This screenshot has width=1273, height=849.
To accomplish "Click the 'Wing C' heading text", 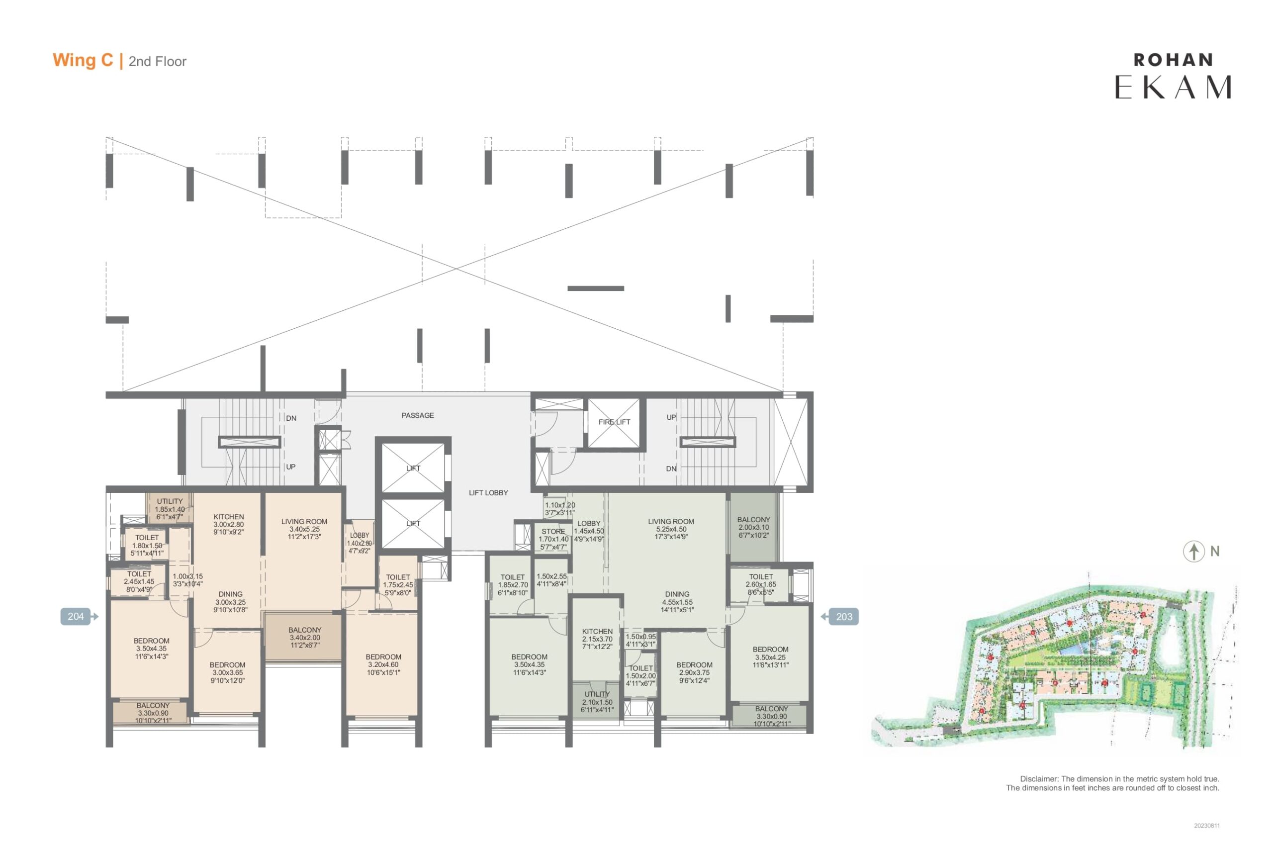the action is click(x=83, y=60).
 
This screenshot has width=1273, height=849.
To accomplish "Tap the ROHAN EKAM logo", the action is click(x=1173, y=76).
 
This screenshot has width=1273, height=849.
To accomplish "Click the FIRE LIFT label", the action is click(x=614, y=422).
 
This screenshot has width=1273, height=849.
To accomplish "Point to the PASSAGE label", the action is click(x=418, y=415).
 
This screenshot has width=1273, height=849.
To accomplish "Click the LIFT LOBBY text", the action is click(x=488, y=493).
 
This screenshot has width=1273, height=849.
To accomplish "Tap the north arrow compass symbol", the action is click(x=1193, y=551).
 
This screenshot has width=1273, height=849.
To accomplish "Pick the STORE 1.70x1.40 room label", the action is click(x=553, y=539).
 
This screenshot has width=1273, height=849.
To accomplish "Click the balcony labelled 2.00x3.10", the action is click(x=753, y=527).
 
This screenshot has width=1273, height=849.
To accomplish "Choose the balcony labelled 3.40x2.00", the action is click(x=304, y=637).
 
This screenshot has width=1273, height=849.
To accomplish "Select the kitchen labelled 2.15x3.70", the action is click(x=597, y=639).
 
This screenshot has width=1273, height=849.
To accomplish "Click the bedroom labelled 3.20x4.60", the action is click(x=383, y=664).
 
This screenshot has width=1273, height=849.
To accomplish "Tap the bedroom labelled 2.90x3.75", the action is click(x=694, y=672).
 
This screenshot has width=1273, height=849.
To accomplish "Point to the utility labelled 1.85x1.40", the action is click(x=170, y=509).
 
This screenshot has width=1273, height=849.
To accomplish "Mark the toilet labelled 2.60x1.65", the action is click(x=760, y=584).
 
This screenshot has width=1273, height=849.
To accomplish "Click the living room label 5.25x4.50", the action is click(x=671, y=529).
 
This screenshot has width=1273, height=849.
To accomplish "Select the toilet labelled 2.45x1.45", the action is click(x=139, y=581).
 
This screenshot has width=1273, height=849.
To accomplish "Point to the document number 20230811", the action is click(x=1207, y=826).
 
